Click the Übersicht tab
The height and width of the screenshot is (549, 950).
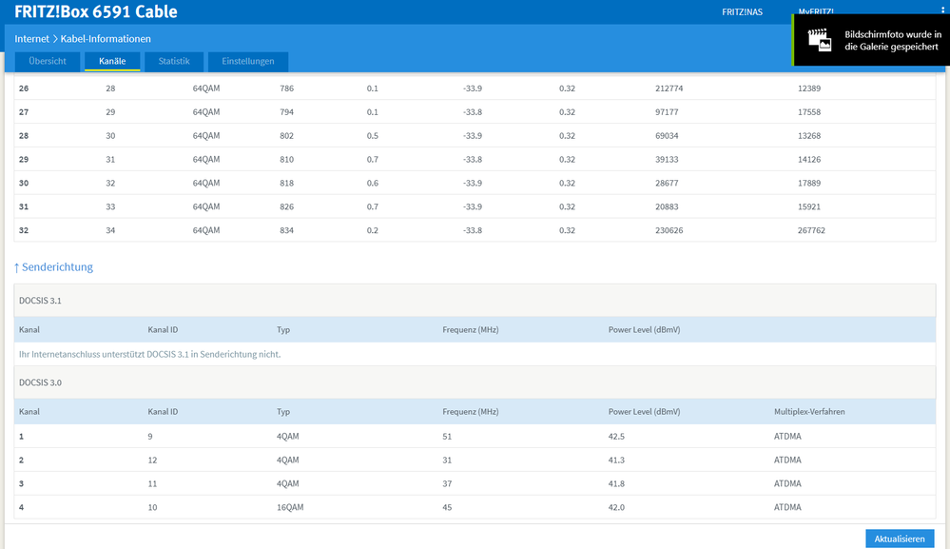pyautogui.click(x=48, y=61)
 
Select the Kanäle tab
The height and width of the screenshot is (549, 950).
pyautogui.click(x=112, y=61)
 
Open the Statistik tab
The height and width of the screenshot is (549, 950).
pyautogui.click(x=174, y=61)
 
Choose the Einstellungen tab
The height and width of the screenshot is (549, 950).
pyautogui.click(x=248, y=61)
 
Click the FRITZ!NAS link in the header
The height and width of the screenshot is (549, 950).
pyautogui.click(x=742, y=12)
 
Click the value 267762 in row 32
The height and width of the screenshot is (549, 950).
pyautogui.click(x=811, y=230)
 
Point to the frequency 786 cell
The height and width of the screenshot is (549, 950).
pyautogui.click(x=286, y=88)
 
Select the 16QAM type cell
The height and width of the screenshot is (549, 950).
pyautogui.click(x=290, y=507)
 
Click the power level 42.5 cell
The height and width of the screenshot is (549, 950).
pyautogui.click(x=616, y=437)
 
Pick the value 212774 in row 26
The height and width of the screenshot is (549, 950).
pyautogui.click(x=669, y=88)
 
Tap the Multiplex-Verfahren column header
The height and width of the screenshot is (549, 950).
pyautogui.click(x=809, y=411)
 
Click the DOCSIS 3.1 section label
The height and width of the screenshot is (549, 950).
pyautogui.click(x=40, y=301)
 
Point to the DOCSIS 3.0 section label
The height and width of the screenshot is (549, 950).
pyautogui.click(x=40, y=382)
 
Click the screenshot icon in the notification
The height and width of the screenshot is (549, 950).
pyautogui.click(x=819, y=40)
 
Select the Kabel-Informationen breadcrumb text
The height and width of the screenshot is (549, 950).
pyautogui.click(x=106, y=39)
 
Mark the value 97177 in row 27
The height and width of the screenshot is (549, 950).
pyautogui.click(x=667, y=112)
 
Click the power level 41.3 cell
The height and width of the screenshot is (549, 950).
pyautogui.click(x=616, y=460)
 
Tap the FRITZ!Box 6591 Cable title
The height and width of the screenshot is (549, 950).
pyautogui.click(x=96, y=11)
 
